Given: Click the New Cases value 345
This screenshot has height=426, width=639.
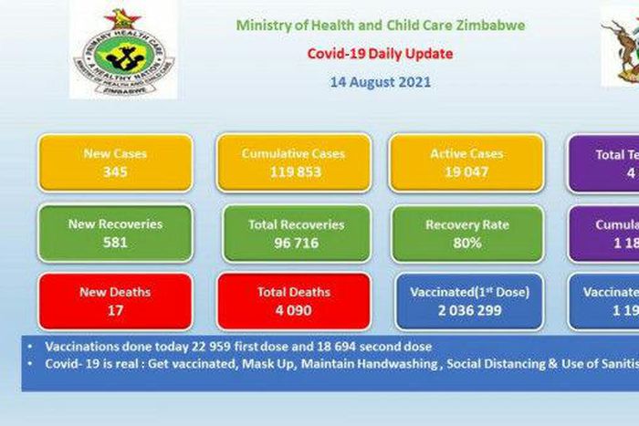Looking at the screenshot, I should coord(114,171).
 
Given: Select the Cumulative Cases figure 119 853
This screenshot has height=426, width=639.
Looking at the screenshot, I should coord(293,171).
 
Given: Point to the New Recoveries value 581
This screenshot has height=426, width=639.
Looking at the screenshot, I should coord(115,242).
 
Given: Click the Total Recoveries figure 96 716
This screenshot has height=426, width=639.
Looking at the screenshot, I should coord(296,242).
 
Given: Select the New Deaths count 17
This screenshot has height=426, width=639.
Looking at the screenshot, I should coord(115,310).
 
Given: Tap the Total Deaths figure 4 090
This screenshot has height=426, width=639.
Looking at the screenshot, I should coord(294,310).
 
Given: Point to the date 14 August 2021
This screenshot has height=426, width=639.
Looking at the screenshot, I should coord(381,82).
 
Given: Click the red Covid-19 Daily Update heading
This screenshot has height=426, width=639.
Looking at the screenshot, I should coord(380,54).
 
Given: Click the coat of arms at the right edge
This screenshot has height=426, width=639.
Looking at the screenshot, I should coord(622,46).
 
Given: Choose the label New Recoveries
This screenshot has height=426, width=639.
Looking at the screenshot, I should coord(115,223).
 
